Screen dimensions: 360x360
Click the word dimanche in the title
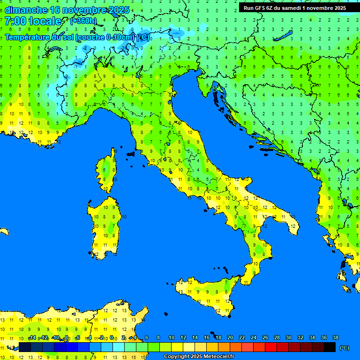point(26,10)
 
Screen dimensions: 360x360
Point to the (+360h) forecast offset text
point(83,21)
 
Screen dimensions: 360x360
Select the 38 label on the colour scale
point(336,337)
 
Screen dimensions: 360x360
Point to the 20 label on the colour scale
point(230,337)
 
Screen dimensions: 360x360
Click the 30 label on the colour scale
point(289,337)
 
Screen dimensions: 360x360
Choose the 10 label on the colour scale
point(172,337)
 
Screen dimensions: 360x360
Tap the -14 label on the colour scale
point(32,337)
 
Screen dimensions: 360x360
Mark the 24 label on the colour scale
point(254,337)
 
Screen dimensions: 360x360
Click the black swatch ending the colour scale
point(330,347)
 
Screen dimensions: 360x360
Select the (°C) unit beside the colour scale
point(344,348)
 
